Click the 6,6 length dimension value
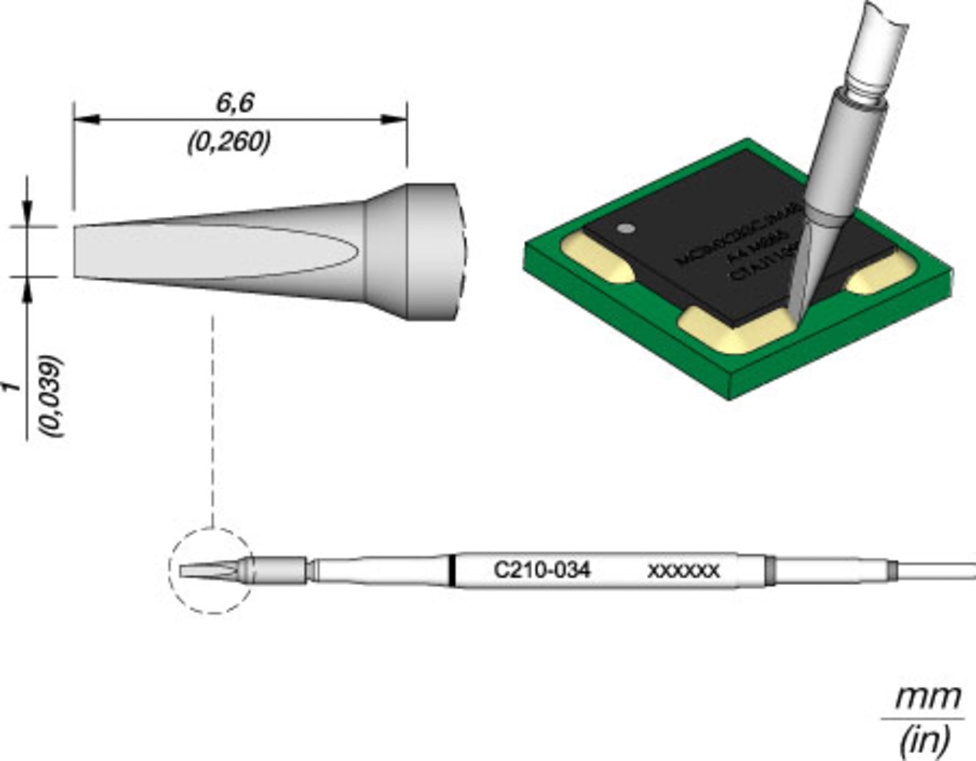click(x=235, y=103)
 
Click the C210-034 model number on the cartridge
click(x=541, y=570)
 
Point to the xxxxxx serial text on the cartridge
click(x=683, y=572)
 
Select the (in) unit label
click(x=924, y=740)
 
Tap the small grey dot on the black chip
click(x=625, y=228)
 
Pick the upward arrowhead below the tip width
click(x=27, y=289)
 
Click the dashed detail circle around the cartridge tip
click(x=170, y=570)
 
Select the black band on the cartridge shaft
click(x=451, y=571)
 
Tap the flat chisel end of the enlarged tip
click(x=76, y=251)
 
